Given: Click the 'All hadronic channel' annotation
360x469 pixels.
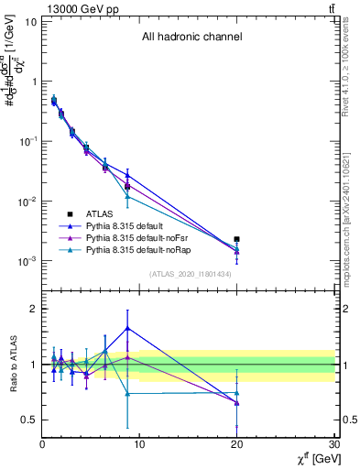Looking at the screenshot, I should point(191,38).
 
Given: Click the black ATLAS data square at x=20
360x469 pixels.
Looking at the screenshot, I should point(237,239).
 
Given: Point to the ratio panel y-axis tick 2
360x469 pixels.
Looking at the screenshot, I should point(33,309).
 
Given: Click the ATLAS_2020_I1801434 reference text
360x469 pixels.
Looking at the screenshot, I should point(191,274).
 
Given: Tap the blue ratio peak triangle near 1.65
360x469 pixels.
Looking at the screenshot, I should point(127,328).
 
